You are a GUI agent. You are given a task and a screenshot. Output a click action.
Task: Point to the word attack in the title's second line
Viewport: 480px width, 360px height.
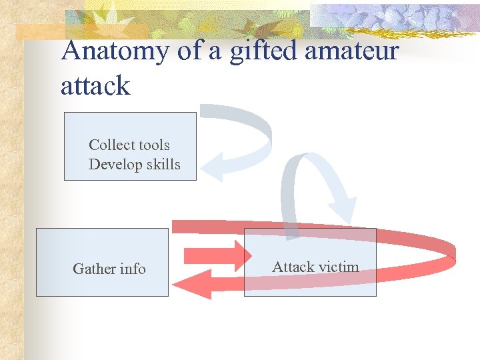coord(95,86)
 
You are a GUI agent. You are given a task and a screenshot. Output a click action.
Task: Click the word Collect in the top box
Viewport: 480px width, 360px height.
coord(110,145)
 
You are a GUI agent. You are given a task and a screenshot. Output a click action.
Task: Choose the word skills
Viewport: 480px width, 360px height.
coord(163,164)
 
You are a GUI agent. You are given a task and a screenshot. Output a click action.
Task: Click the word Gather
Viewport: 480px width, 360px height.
coord(95,269)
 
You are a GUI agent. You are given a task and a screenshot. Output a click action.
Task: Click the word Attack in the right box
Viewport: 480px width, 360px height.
coord(293,267)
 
